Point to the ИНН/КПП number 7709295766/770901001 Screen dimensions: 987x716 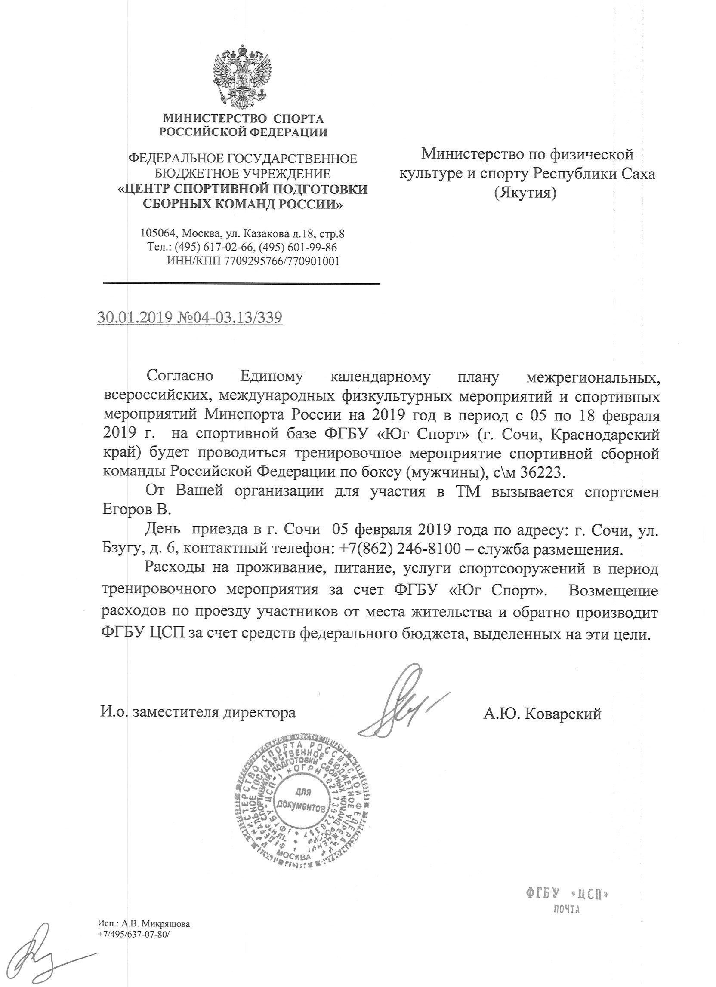[281, 261]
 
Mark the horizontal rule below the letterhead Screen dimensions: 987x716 [242, 284]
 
